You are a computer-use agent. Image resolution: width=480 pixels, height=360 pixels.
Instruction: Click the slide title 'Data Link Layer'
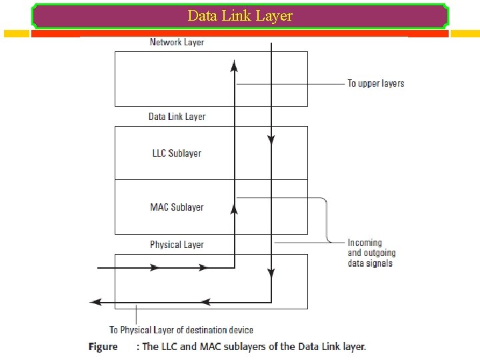240,15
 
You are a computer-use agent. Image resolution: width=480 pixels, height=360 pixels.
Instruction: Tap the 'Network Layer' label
177,42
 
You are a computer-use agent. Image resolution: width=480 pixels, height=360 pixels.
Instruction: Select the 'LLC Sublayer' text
177,153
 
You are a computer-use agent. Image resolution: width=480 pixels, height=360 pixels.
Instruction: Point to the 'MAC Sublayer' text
177,207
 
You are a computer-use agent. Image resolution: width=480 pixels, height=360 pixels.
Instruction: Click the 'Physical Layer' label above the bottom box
177,245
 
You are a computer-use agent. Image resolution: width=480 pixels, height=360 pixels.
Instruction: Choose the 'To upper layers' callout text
375,83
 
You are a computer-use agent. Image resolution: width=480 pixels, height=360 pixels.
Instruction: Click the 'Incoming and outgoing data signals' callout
371,253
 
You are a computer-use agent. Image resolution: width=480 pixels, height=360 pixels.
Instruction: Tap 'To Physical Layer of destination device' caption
181,329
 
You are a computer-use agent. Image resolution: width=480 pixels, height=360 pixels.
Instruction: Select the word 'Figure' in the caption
103,347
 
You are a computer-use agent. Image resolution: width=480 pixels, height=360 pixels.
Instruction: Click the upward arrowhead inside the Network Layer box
234,64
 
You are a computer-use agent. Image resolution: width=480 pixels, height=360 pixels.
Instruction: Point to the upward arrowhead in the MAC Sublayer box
234,209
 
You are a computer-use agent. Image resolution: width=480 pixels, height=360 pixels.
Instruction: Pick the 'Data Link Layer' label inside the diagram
177,117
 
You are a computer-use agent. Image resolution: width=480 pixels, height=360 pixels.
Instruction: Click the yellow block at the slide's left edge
17,33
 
